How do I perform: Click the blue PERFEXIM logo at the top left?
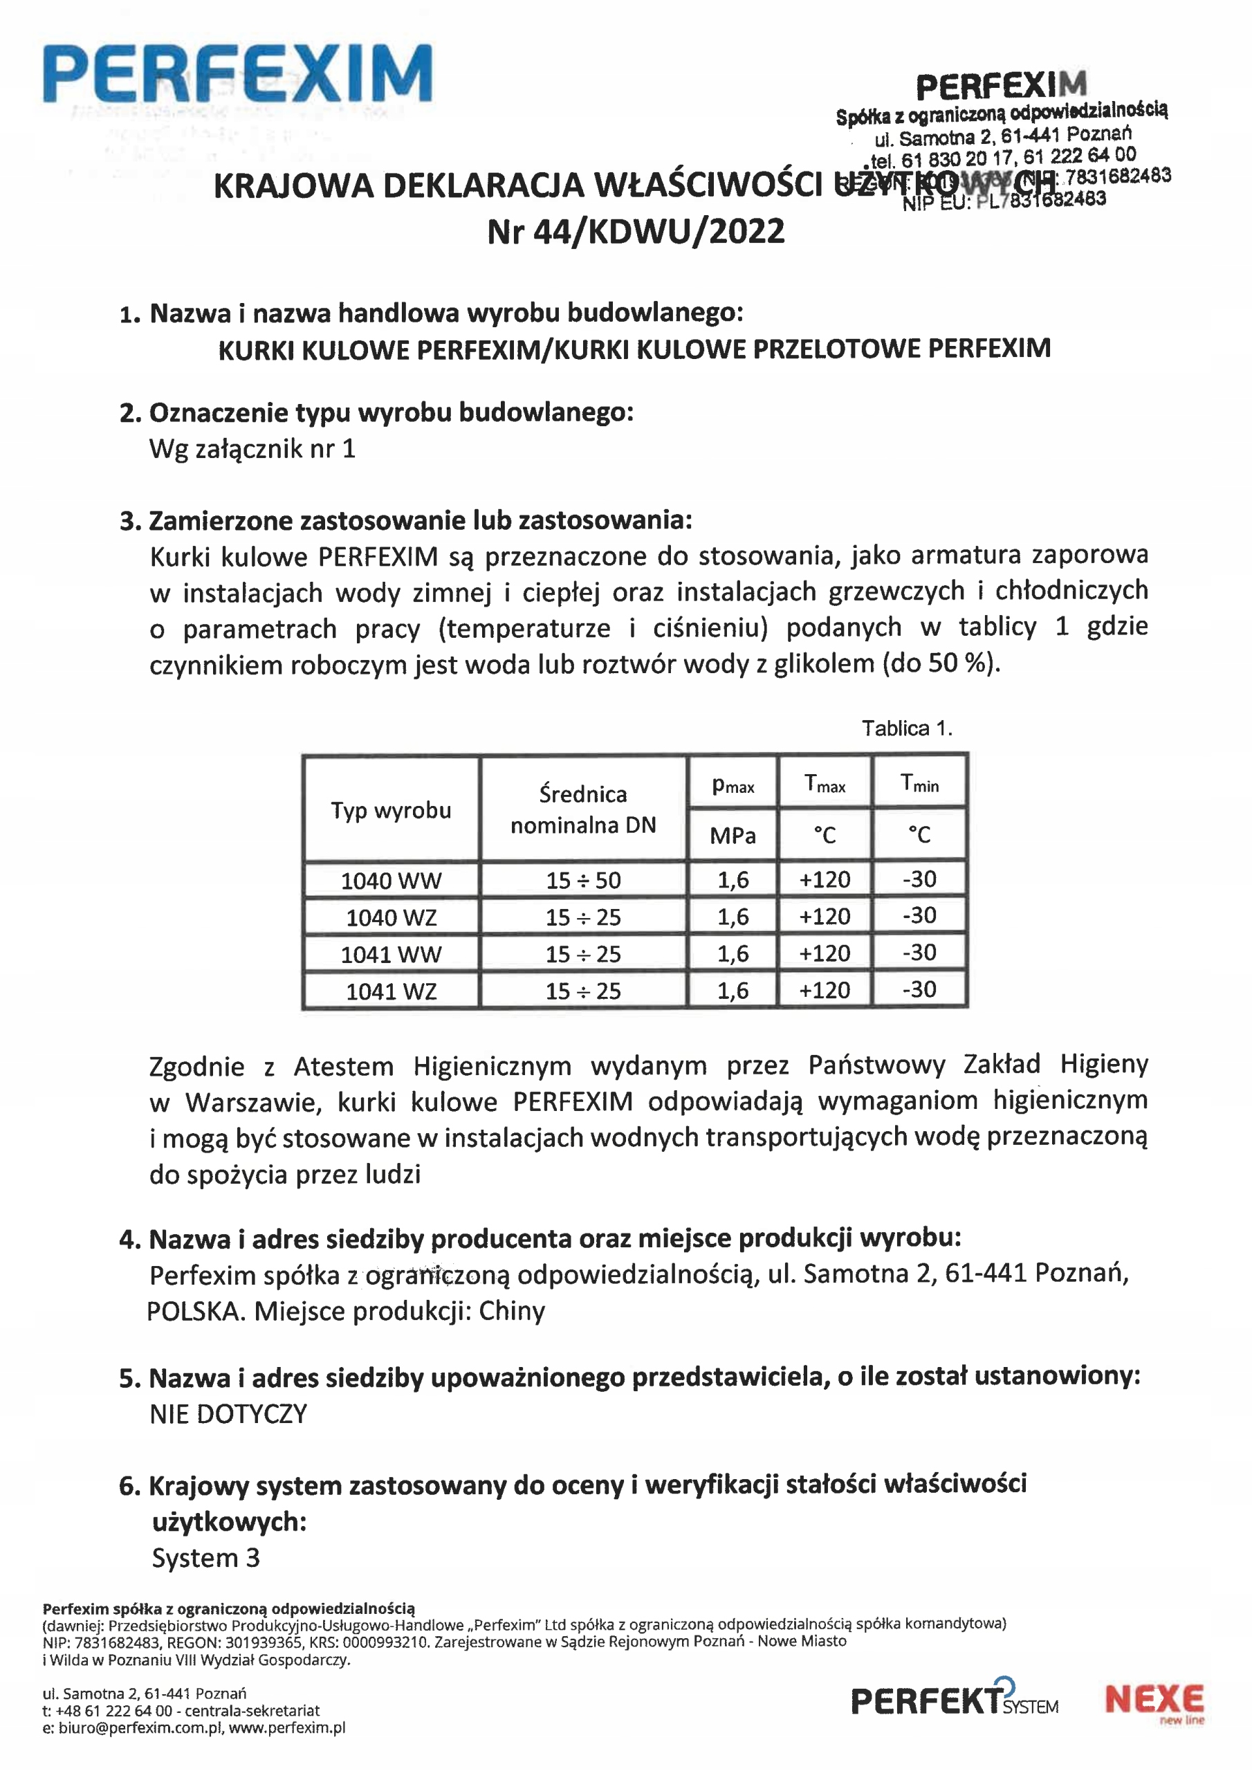click(237, 74)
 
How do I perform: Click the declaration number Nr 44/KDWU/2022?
click(636, 231)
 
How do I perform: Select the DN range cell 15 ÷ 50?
click(583, 880)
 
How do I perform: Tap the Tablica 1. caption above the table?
click(906, 728)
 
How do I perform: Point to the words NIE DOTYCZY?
click(228, 1413)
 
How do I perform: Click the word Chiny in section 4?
click(511, 1311)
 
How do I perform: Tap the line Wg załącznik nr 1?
click(252, 449)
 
